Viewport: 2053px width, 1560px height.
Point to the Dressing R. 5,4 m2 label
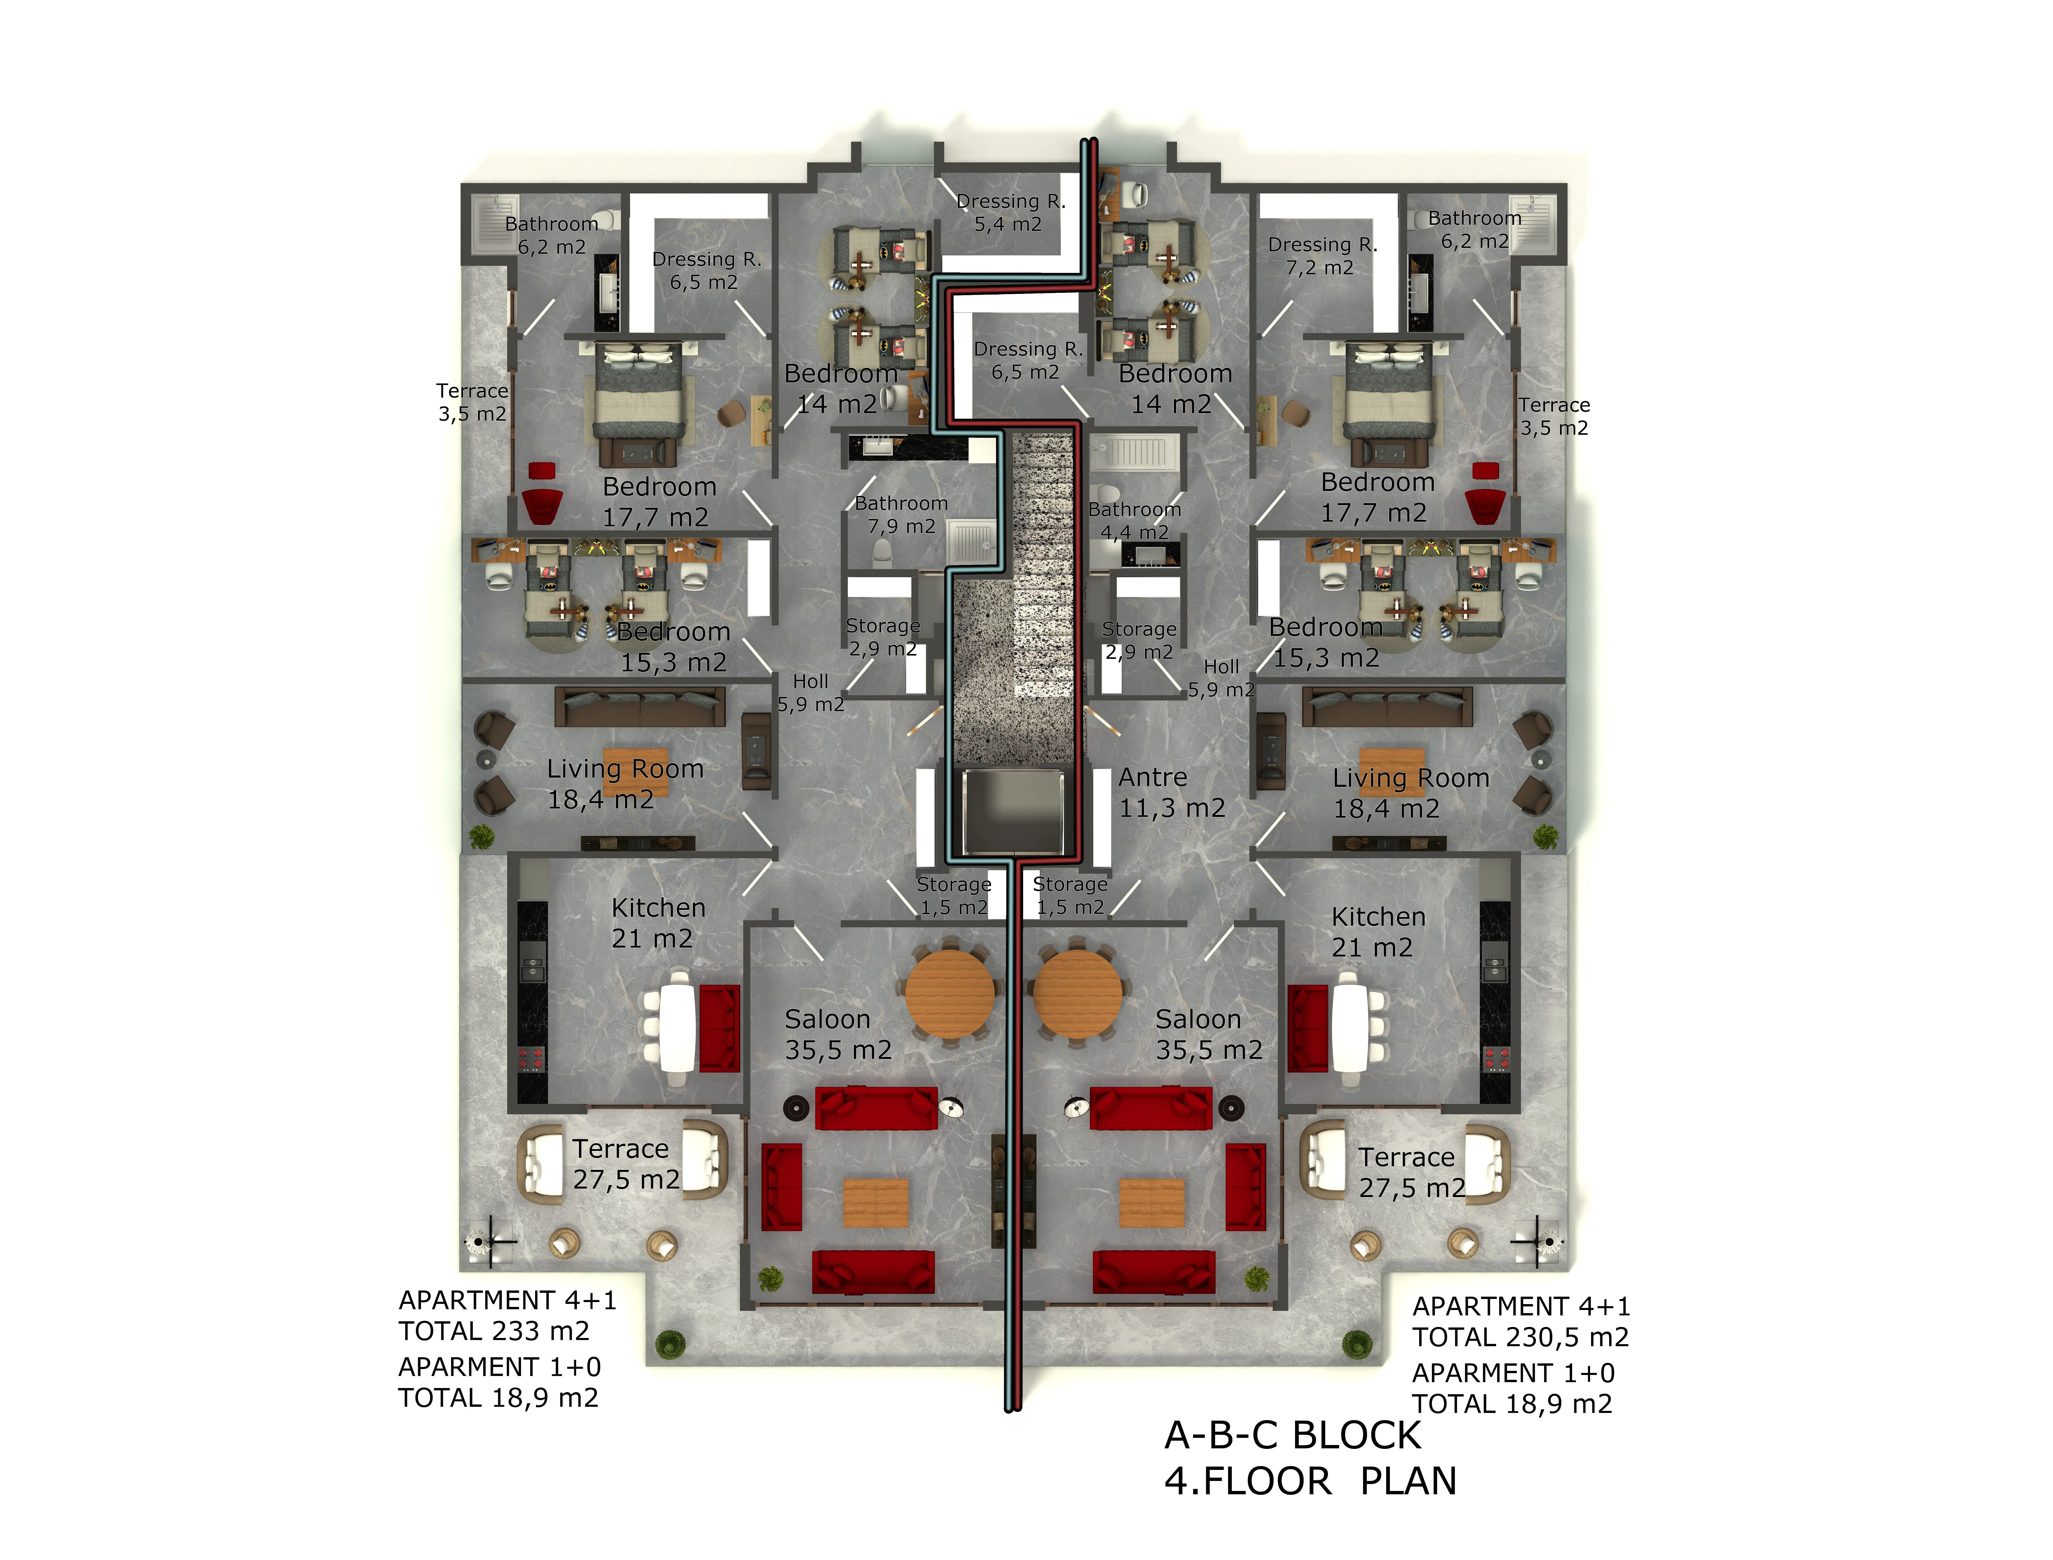tap(1010, 213)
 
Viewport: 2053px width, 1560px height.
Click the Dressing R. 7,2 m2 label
tap(1322, 256)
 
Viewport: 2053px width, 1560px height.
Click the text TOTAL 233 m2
tap(494, 1332)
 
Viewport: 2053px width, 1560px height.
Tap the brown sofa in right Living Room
tap(1387, 707)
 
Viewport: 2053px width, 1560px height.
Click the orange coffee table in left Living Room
tap(636, 771)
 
